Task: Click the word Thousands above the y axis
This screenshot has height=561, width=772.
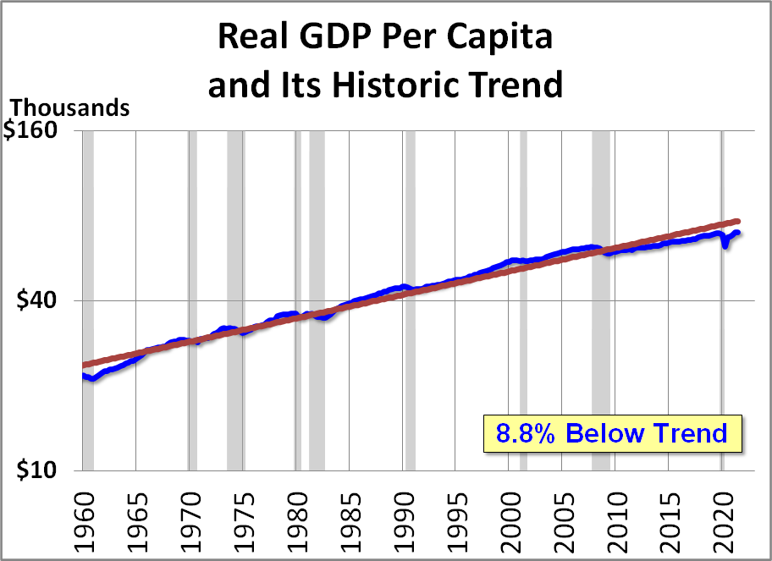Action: click(x=69, y=108)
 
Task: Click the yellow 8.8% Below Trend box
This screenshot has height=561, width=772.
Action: click(x=611, y=433)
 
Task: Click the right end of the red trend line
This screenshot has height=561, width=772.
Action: click(x=738, y=221)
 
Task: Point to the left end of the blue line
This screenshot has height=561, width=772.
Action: click(x=84, y=376)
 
